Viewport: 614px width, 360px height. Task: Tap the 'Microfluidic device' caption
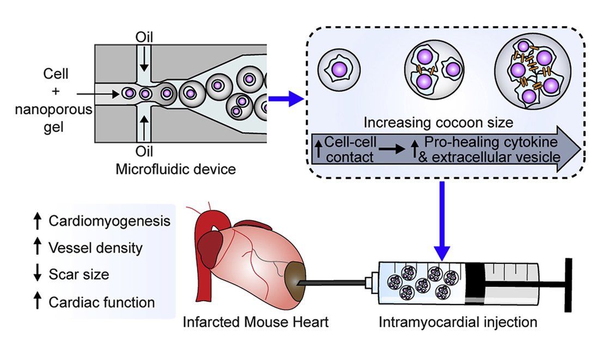(x=175, y=169)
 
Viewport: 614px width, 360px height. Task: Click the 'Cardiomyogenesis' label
(x=109, y=222)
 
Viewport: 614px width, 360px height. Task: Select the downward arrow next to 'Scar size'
(x=38, y=274)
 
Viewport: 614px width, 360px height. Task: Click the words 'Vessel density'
(x=95, y=248)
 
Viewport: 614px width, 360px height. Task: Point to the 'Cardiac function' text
(x=101, y=302)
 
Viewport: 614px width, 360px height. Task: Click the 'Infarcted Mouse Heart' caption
(x=256, y=322)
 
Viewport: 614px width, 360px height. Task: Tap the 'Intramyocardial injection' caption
(x=458, y=322)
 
